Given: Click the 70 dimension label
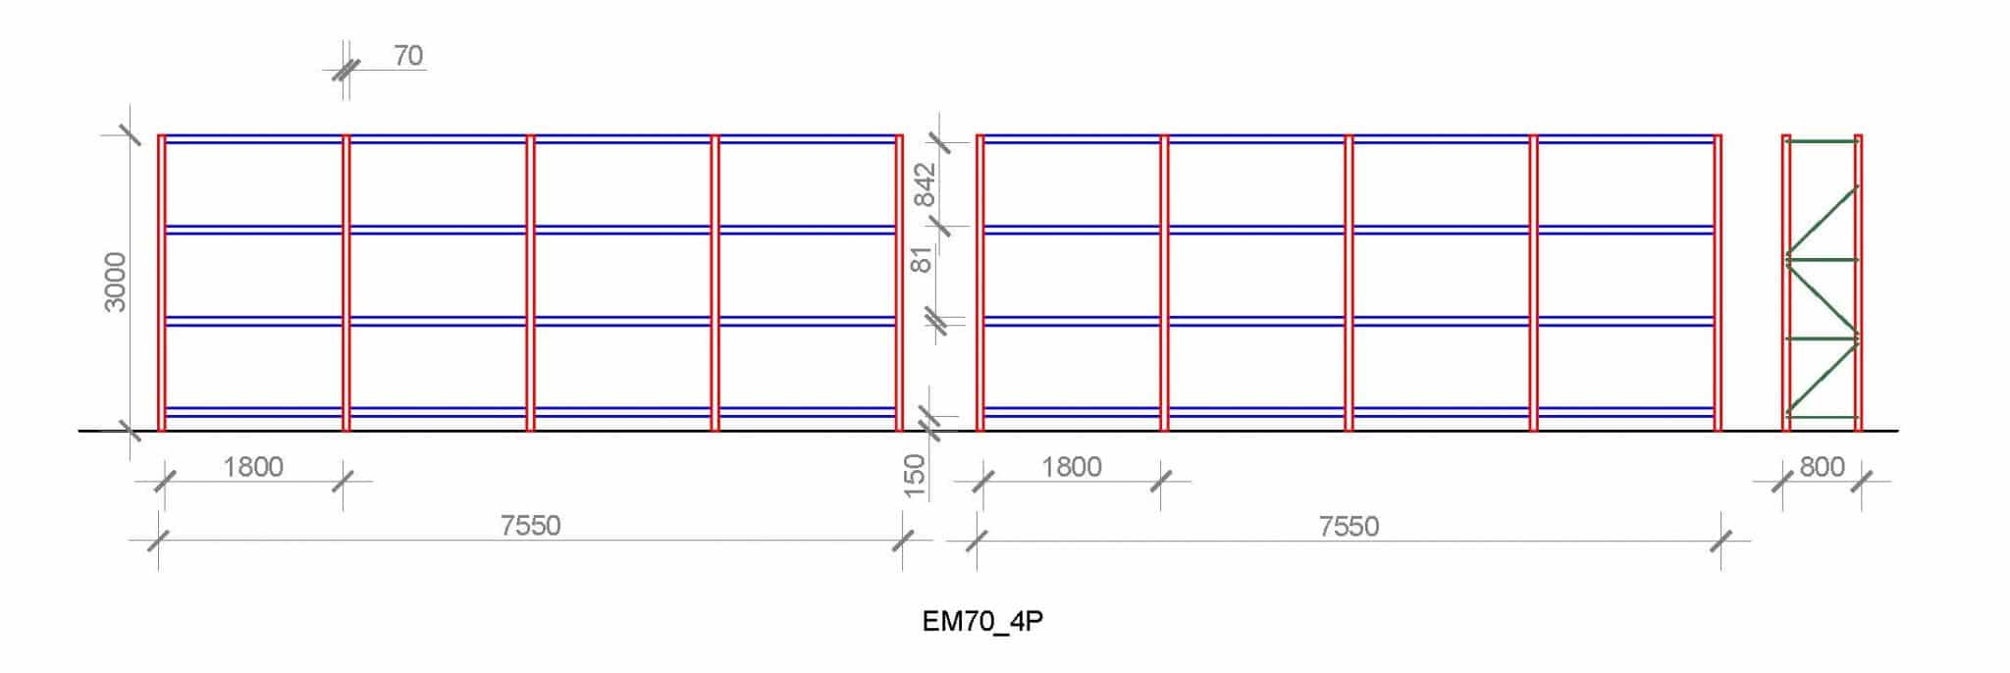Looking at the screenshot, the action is (408, 56).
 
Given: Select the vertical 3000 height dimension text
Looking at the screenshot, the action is (116, 282).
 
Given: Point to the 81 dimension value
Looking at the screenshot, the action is (923, 259).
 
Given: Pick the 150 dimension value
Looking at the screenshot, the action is (914, 476).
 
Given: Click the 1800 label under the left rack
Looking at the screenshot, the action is (253, 467).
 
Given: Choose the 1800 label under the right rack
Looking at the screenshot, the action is (1072, 467).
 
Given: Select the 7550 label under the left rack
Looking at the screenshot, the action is (530, 526).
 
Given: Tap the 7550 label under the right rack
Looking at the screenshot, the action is (1349, 527).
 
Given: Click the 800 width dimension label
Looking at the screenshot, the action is (1823, 467).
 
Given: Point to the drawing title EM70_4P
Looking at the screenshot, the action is (982, 622).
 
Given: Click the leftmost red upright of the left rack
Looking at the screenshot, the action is (162, 283).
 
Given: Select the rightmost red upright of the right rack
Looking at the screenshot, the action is (1718, 283).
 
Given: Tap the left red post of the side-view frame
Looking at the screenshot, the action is (1786, 283).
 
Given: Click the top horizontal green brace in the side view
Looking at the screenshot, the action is (1823, 141).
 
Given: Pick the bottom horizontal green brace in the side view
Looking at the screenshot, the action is (1823, 418).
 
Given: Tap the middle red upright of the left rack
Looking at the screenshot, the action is (530, 283).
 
